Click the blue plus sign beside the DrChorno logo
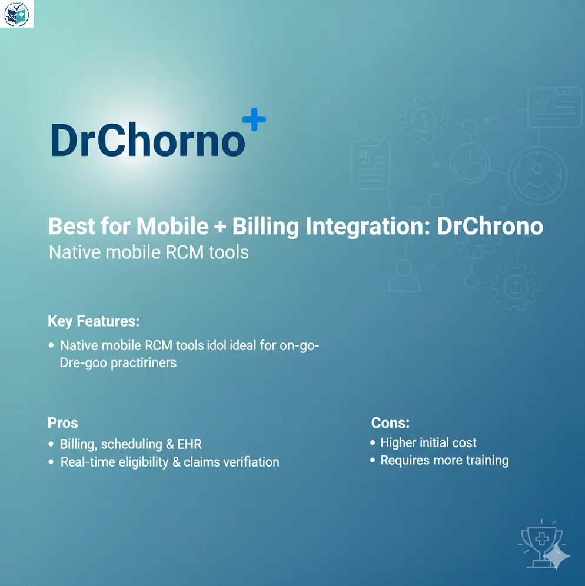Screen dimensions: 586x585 [254, 121]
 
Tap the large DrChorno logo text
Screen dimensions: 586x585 [147, 141]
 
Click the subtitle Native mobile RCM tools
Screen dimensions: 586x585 [148, 252]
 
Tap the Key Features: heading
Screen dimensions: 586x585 [94, 321]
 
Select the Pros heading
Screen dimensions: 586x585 [62, 423]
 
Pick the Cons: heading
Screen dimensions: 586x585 [390, 423]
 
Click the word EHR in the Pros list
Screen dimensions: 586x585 [189, 444]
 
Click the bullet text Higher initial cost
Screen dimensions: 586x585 [428, 442]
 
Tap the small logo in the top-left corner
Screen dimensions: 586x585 [16, 14]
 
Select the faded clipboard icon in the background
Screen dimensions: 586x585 [370, 163]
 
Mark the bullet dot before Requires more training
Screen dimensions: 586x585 [373, 460]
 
